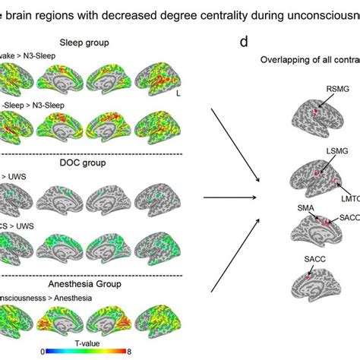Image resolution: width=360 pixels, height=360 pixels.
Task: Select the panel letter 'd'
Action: tap(244, 42)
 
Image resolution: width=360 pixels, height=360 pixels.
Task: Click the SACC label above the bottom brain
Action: tap(313, 260)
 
